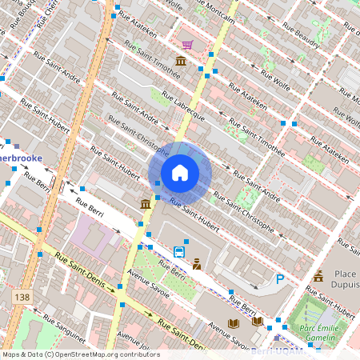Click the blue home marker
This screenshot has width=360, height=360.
tap(180, 172)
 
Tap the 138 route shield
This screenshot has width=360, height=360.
tap(22, 298)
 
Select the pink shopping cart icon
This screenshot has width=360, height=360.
tap(187, 46)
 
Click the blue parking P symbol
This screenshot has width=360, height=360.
tap(279, 279)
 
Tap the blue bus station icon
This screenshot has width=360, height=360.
tap(178, 251)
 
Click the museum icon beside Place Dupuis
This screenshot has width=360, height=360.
tap(318, 276)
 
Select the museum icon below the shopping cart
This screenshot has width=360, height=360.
tap(182, 62)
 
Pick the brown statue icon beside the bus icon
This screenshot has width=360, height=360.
tap(196, 262)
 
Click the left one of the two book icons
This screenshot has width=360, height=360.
tap(234, 323)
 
